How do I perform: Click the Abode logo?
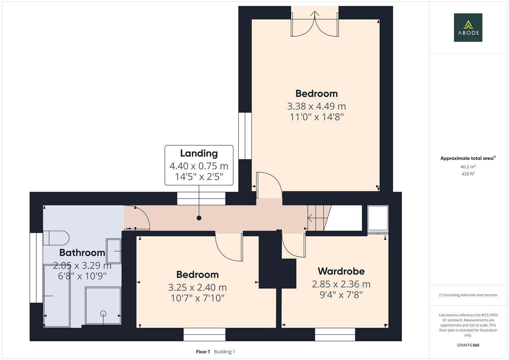pos(468,27)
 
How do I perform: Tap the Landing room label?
pos(199,153)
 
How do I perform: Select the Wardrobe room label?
pos(341,271)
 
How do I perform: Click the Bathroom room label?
pos(82,253)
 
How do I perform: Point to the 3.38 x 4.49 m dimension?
pos(316,106)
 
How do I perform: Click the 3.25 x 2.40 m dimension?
pos(197,287)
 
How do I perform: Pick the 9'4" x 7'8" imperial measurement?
pos(341,295)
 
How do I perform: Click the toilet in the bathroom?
pos(56,238)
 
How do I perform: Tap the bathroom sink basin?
pos(114,251)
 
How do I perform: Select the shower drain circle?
pos(103,313)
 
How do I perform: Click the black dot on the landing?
pos(199,218)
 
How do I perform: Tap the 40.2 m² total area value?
pos(468,167)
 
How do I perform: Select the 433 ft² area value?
pos(468,174)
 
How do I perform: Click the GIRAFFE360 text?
pos(468,345)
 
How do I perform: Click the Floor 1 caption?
pos(203,352)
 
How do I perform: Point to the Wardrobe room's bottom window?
pos(335,334)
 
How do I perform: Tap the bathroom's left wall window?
pos(36,268)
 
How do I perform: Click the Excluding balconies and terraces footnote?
pos(468,295)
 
